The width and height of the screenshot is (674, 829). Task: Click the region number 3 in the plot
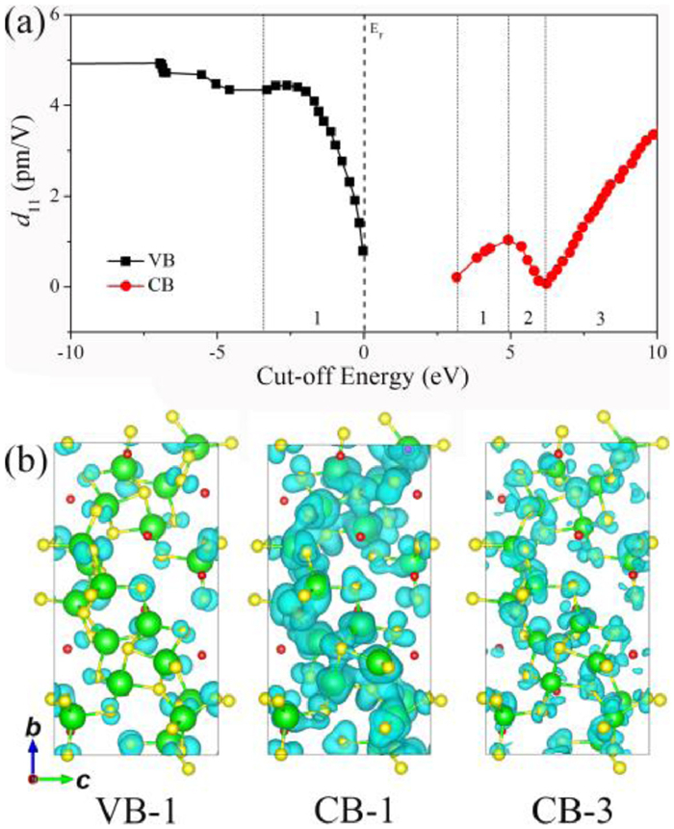point(601,319)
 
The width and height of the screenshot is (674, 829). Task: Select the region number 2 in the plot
point(527,319)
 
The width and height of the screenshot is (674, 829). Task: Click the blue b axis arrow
point(34,750)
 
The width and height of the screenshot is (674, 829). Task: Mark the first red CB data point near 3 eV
point(456,277)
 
